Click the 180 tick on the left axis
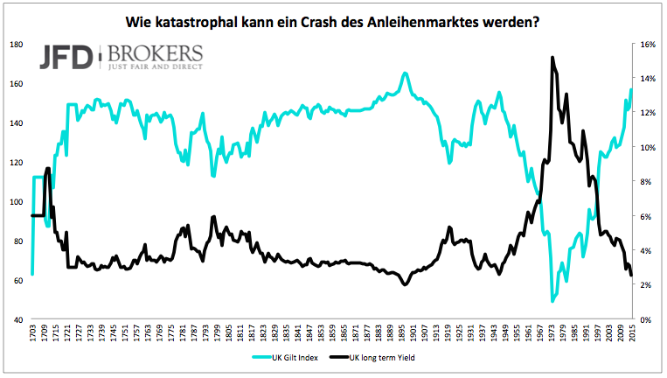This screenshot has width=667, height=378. tap(17, 44)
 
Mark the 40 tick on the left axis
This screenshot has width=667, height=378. tap(18, 320)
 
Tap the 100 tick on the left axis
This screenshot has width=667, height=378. tap(17, 202)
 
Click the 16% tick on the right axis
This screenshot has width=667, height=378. tap(648, 44)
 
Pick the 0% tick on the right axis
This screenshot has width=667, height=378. tap(646, 320)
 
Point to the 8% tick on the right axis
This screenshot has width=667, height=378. tap(646, 182)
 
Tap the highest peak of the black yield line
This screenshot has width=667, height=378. tap(552, 58)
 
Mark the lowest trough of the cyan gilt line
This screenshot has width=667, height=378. tap(552, 301)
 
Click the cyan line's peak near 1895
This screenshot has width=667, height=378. tap(405, 73)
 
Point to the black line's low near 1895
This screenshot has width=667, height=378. tap(404, 285)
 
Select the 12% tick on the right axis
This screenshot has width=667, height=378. tap(648, 113)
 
